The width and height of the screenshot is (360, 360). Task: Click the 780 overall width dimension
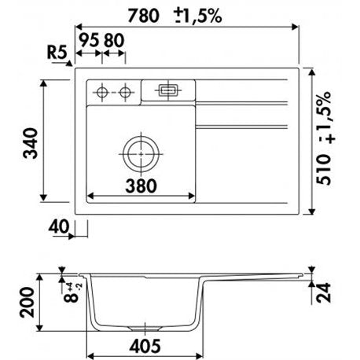[143, 16]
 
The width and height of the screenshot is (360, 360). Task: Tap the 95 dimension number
[89, 41]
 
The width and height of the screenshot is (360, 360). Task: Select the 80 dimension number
[114, 41]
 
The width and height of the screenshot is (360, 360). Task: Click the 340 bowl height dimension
[31, 143]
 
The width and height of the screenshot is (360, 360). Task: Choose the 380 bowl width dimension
[141, 186]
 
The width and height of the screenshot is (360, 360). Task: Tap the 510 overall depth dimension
[324, 170]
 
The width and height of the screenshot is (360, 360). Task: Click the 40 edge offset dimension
[59, 226]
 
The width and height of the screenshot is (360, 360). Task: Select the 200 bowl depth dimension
[27, 303]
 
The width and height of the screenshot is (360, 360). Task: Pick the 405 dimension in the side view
[145, 346]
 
